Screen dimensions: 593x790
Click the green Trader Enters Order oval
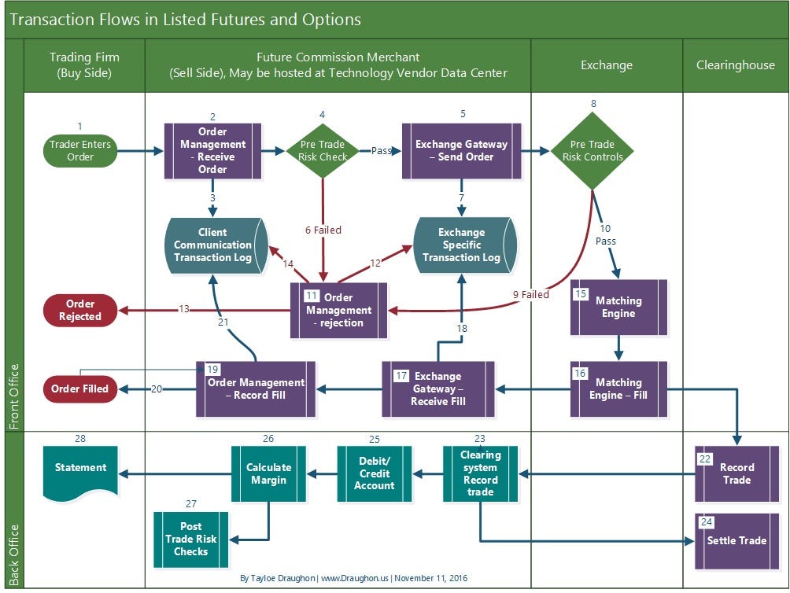click(x=80, y=150)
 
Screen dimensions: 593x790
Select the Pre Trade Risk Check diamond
click(x=323, y=150)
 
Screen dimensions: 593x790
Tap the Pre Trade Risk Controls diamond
click(x=592, y=150)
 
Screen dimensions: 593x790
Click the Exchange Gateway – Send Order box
click(x=461, y=150)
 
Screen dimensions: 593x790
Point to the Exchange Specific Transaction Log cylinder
click(x=462, y=245)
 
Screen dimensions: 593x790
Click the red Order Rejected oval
click(x=80, y=310)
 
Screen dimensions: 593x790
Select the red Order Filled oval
click(x=80, y=388)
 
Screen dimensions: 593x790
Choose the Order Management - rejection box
click(x=339, y=310)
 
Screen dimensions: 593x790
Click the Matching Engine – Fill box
click(x=618, y=389)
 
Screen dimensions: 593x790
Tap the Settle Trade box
click(x=736, y=540)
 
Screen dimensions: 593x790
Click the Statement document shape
click(x=80, y=470)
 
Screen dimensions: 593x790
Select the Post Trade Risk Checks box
click(x=190, y=540)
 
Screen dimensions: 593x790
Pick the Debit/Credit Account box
click(x=375, y=473)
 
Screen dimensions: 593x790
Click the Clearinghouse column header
click(x=735, y=65)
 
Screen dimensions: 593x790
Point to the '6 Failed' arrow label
click(x=323, y=230)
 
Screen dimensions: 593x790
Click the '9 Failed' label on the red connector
click(x=531, y=295)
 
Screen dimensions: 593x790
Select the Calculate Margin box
click(x=268, y=473)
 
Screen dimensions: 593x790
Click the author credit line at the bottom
click(x=353, y=578)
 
